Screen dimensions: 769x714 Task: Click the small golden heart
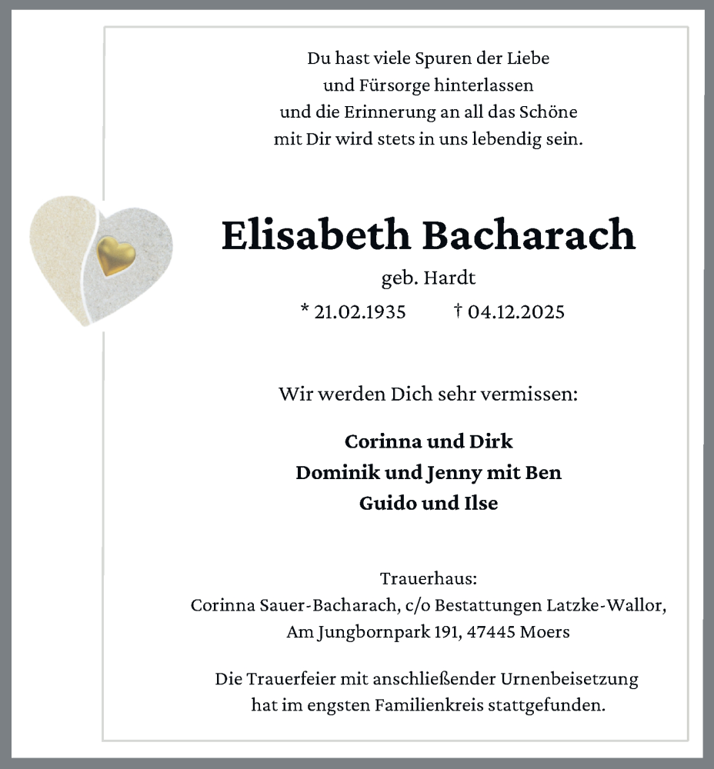point(116,255)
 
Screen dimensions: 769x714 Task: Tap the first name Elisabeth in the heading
point(315,235)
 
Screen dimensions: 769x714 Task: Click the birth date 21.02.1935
point(360,311)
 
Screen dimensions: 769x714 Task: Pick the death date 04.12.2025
point(516,311)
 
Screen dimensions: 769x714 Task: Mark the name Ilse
point(479,503)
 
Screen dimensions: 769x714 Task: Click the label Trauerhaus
point(429,578)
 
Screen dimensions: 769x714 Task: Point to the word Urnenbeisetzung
point(569,680)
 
